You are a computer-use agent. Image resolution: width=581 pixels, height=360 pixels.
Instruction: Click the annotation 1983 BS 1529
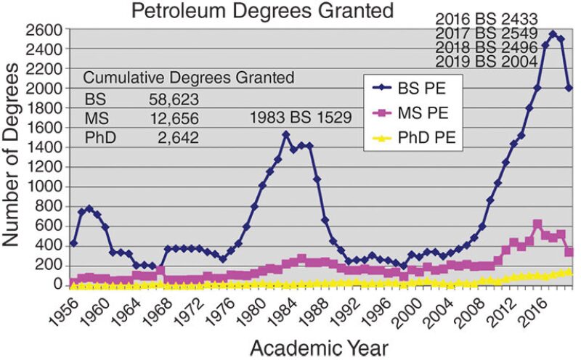click(301, 116)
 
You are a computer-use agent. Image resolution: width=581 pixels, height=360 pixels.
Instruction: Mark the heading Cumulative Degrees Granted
click(188, 78)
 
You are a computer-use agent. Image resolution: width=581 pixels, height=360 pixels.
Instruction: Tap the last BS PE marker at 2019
click(569, 88)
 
